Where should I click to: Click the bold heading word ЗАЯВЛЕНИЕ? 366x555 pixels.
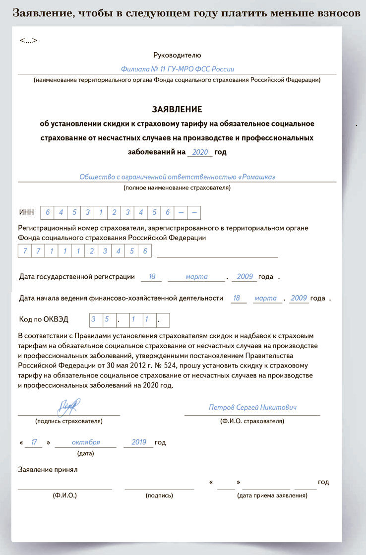(177, 109)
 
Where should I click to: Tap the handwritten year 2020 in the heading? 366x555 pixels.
(200, 152)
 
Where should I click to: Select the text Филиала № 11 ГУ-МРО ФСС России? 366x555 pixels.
(177, 69)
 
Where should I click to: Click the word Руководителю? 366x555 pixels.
(177, 55)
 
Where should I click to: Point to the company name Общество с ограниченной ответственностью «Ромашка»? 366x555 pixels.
(177, 177)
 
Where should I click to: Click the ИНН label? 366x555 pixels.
(26, 212)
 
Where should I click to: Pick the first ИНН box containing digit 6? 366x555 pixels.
(48, 212)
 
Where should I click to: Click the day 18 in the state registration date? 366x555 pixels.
(151, 277)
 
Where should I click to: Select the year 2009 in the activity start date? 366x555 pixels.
(299, 298)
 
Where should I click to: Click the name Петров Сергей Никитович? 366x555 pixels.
(252, 407)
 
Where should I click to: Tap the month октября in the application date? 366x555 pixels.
(86, 442)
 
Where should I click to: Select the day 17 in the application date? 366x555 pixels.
(34, 442)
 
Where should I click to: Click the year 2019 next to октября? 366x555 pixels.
(142, 442)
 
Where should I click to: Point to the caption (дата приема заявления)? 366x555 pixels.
(272, 495)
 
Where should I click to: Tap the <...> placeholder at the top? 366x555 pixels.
(28, 40)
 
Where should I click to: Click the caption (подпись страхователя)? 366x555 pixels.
(69, 421)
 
